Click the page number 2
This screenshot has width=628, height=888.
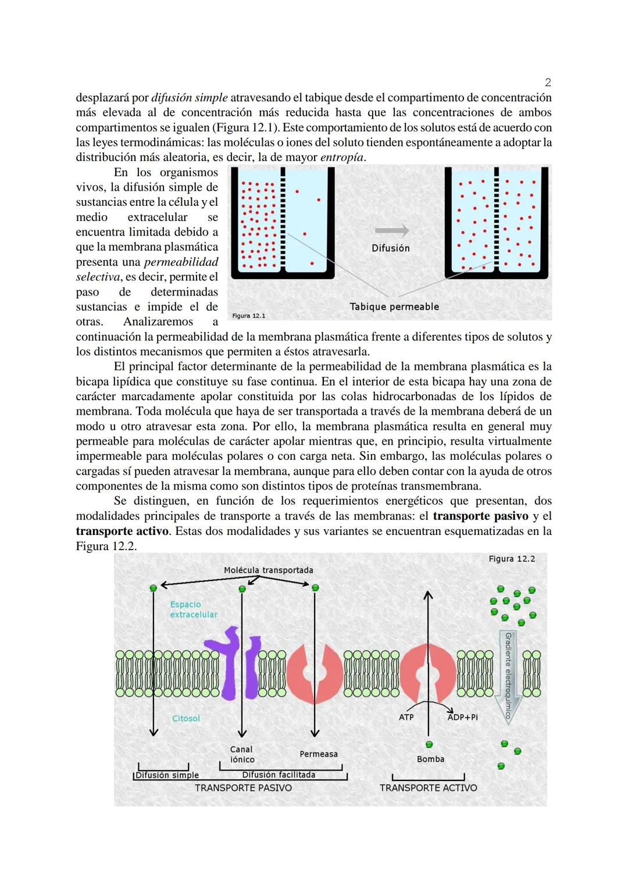548,82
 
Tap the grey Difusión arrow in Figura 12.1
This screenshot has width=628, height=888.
391,230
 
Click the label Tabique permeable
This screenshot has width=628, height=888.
394,306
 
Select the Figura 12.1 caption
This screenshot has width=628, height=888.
248,316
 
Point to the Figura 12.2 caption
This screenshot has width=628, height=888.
512,559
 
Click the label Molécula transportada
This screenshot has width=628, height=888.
268,570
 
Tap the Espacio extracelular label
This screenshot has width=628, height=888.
193,609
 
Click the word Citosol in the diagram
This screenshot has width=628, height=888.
186,718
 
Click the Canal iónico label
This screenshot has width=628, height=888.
242,754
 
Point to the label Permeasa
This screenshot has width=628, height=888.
318,754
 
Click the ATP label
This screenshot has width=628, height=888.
406,717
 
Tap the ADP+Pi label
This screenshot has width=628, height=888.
463,717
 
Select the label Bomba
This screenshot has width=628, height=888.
430,759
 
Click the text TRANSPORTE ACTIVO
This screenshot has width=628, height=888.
428,787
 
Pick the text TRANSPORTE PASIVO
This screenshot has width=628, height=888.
243,787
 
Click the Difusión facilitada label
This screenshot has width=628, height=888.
279,775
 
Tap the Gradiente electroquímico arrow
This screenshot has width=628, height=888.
508,675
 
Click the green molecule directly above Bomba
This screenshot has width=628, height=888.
429,744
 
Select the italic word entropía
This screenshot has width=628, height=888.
342,157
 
